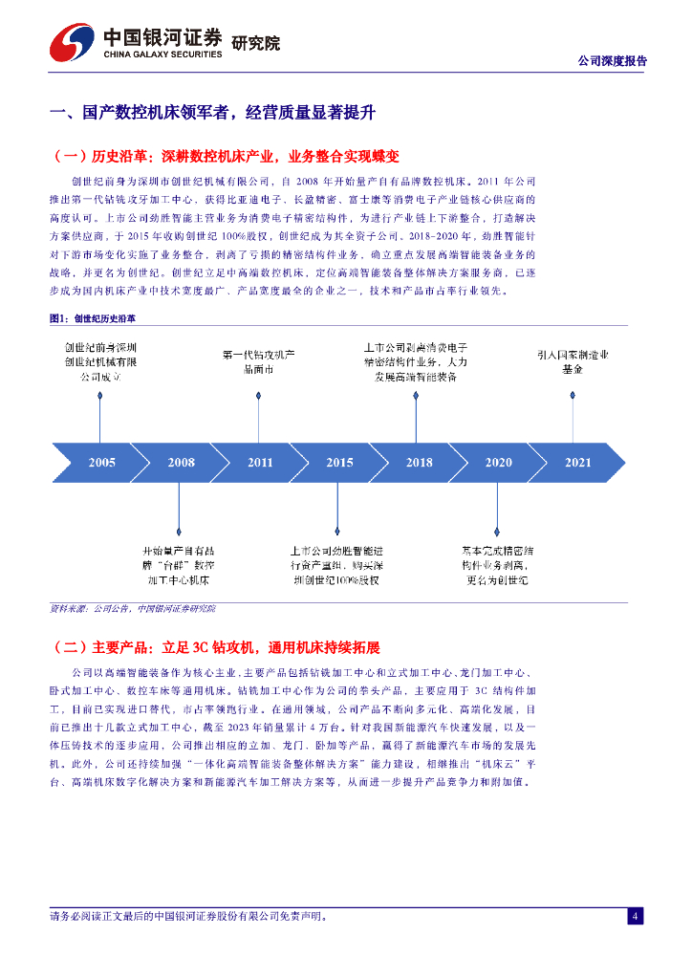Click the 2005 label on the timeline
click(x=102, y=463)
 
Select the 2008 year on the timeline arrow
click(x=182, y=463)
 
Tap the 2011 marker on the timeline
click(x=260, y=463)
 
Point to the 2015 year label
click(x=339, y=463)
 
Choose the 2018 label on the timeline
click(x=419, y=463)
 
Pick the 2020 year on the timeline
click(x=498, y=463)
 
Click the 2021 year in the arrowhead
click(x=577, y=463)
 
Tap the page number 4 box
click(x=635, y=917)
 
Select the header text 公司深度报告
click(x=613, y=60)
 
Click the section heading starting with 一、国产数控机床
click(x=212, y=113)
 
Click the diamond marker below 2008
click(x=179, y=531)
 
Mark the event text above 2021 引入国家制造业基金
click(x=573, y=360)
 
